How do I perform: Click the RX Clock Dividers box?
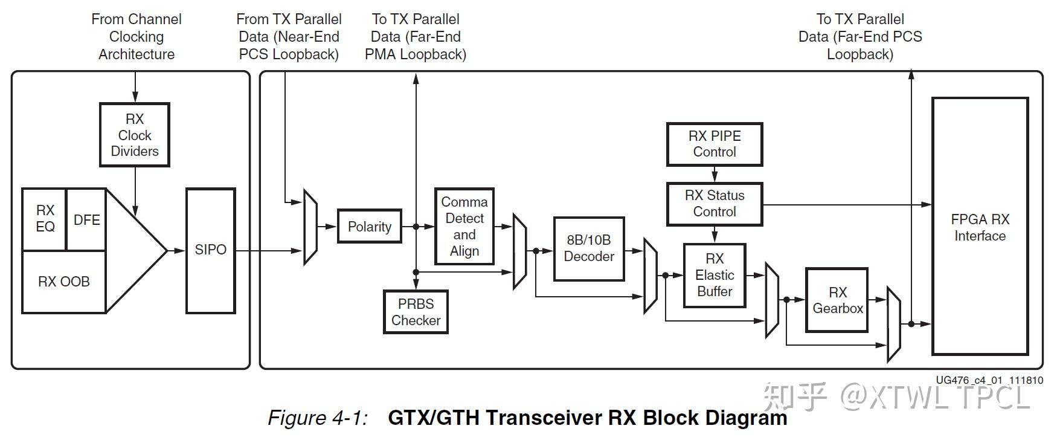pos(134,135)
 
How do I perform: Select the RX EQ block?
pos(45,219)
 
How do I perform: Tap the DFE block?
pos(86,220)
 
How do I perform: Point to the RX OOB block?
pos(63,282)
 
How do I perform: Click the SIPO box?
pos(210,250)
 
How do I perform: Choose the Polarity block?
pos(369,227)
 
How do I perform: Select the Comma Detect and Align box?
pos(464,227)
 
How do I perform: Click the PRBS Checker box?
pos(416,312)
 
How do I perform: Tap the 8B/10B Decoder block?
pos(588,248)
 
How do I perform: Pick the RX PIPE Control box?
pos(714,144)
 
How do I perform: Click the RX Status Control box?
pos(714,204)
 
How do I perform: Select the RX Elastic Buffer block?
pos(714,275)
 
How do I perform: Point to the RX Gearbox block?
pos(837,300)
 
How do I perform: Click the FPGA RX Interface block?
pos(980,227)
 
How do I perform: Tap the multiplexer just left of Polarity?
pos(310,227)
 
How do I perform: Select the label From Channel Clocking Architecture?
pos(136,36)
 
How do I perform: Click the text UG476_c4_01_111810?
pos(989,380)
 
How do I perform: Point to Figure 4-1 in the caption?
pos(318,418)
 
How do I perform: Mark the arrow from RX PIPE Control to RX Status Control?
pos(715,175)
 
